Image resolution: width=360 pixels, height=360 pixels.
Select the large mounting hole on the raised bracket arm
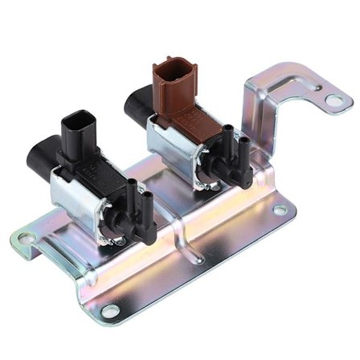coord(333,100)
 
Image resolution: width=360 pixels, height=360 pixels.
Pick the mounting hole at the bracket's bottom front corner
coord(110,309)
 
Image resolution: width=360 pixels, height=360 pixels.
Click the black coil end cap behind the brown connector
coord(134,105)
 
